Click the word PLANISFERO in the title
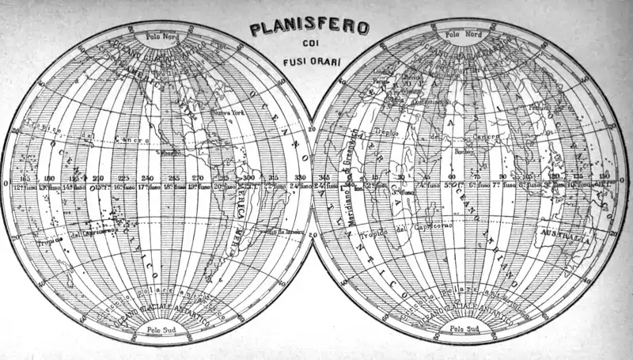309,29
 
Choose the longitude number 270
198,178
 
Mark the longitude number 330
298,178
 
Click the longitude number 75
476,177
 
